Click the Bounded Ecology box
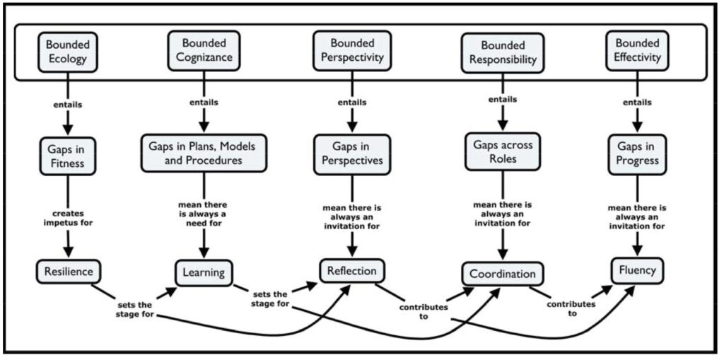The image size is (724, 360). pos(68,51)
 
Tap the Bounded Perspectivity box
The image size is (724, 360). pos(352,51)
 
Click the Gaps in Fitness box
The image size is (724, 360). pos(68,153)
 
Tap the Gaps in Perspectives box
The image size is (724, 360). pos(351,153)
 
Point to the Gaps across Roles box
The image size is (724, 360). pos(503,151)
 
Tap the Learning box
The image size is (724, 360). pos(204,272)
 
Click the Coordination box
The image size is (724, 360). pos(503,273)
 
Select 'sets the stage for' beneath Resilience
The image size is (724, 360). pos(134,310)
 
